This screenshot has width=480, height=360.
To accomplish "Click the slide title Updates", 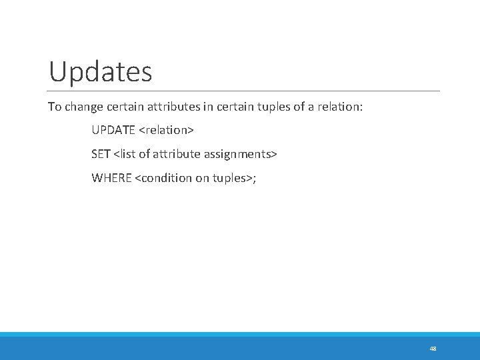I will point(101,71).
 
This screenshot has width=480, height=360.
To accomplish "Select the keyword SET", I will point(101,154).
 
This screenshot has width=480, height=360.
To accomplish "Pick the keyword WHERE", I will point(111,178).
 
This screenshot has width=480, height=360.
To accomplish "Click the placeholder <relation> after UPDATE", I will point(166,130).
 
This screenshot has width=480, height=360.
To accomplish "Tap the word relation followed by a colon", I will point(339,107).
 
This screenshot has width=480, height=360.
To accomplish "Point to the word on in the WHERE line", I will point(203,178).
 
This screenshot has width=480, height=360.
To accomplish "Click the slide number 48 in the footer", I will point(433,348).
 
